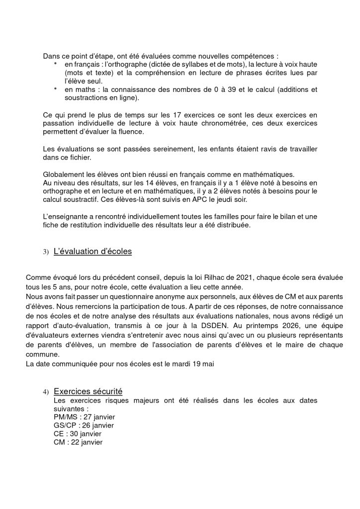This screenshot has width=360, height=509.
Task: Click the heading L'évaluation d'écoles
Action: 92,252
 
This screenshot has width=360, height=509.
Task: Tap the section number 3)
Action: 45,252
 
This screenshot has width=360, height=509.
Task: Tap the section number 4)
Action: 45,393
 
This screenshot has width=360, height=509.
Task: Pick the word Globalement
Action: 64,174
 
